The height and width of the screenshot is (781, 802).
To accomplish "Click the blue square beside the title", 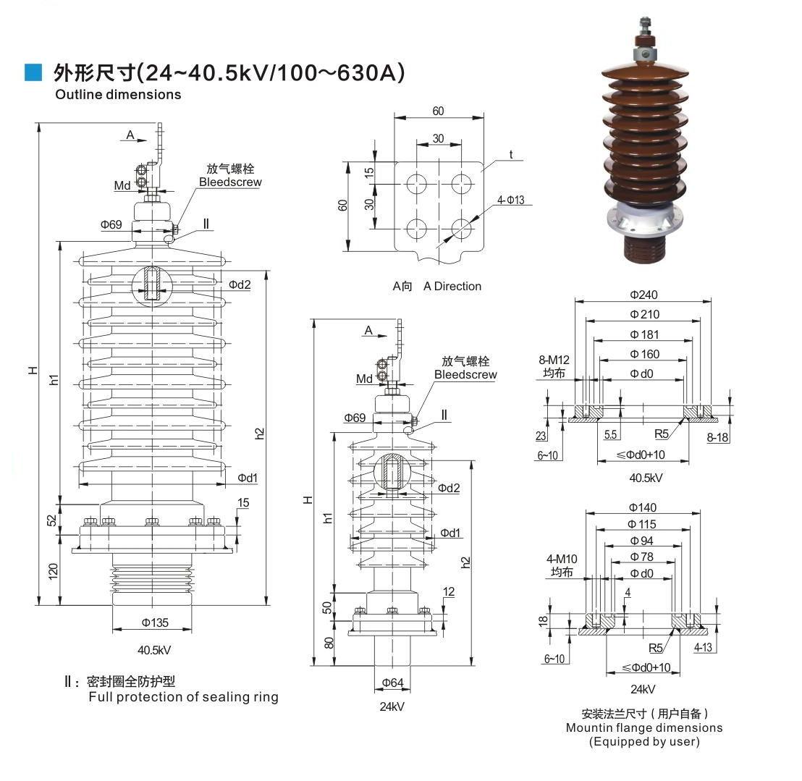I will (33, 72).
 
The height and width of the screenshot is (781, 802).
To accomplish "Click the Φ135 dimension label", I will (155, 622).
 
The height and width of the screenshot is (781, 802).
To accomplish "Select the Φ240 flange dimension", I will (643, 295).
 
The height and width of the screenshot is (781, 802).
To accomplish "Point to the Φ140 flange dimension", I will (643, 507).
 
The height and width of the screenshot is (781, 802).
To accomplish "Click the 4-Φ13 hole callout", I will (510, 200).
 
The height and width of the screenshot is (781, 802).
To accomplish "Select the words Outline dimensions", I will (119, 94).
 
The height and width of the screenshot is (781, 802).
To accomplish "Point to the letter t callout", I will (511, 154).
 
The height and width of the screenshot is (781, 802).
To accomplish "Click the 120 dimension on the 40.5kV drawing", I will (53, 572).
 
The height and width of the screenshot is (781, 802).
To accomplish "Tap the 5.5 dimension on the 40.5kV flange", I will (610, 434).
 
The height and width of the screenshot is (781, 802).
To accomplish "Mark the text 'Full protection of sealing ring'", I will (183, 697).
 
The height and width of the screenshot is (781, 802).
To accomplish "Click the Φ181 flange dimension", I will (643, 334).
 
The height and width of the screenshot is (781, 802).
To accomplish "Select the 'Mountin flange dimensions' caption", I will (643, 727).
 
